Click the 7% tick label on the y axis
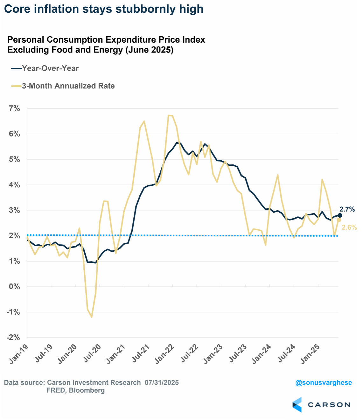click(x=14, y=108)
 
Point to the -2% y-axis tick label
click(x=13, y=337)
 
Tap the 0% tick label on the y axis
click(x=14, y=287)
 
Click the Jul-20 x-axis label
click(x=92, y=353)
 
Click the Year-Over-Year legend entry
click(x=50, y=68)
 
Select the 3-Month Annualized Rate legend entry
click(x=68, y=86)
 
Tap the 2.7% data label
click(x=347, y=209)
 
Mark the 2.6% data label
click(x=349, y=227)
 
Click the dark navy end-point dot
click(x=340, y=215)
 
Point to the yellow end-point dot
click(x=339, y=220)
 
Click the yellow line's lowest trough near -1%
click(x=92, y=317)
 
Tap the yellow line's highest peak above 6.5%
click(x=169, y=115)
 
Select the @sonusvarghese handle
click(x=324, y=382)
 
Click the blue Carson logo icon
click(x=297, y=405)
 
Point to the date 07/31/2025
click(x=162, y=382)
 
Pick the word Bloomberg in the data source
click(x=87, y=390)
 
